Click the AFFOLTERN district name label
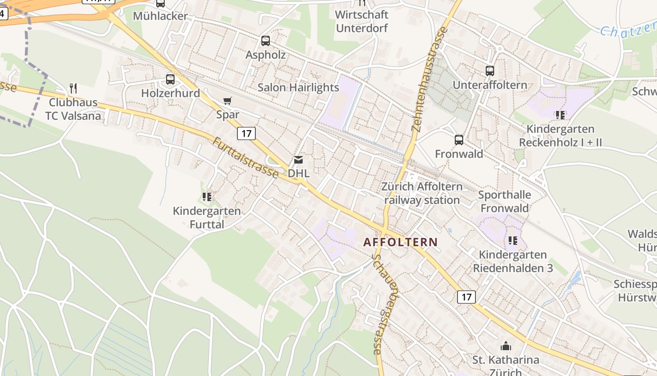click(x=400, y=243)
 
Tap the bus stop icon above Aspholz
click(x=266, y=41)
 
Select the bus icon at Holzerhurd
click(x=170, y=79)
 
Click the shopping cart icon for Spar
click(x=228, y=101)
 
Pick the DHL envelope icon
click(x=298, y=160)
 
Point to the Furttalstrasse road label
click(x=245, y=157)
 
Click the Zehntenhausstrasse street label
click(x=429, y=79)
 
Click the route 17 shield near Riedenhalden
click(x=466, y=297)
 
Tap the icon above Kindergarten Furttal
click(x=207, y=196)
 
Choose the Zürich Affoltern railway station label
click(x=422, y=193)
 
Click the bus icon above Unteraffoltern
click(x=490, y=71)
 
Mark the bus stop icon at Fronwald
click(x=459, y=140)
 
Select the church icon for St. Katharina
click(x=506, y=346)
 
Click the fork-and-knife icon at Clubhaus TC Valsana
click(x=73, y=88)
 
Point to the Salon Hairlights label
click(x=298, y=87)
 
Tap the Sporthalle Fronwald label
click(x=504, y=201)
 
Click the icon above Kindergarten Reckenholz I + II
click(x=560, y=115)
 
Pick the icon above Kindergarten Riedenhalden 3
click(x=513, y=241)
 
